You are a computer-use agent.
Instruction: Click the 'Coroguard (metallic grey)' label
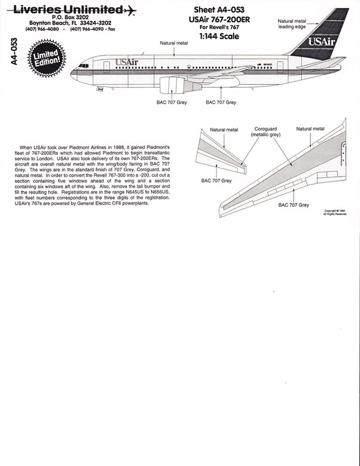coord(266,132)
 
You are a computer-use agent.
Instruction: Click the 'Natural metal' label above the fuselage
coord(174,43)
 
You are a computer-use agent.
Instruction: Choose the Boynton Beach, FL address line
coord(67,23)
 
